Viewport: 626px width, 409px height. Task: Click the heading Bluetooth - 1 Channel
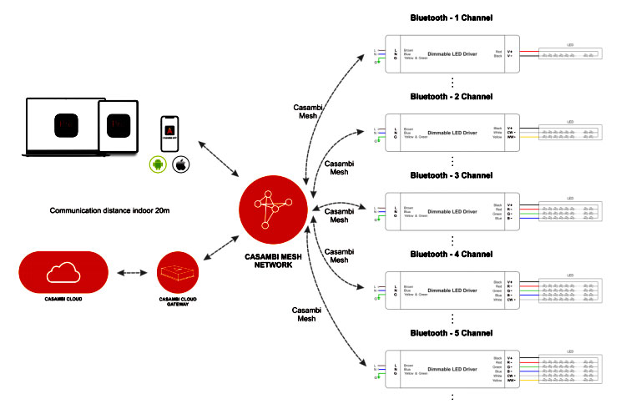[452, 17]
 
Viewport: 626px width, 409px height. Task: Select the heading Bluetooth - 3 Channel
[452, 176]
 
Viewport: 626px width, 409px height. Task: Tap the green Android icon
[156, 165]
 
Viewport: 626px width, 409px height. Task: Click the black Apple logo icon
[179, 165]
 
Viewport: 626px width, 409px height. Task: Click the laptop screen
[63, 125]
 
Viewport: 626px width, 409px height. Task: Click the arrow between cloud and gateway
[134, 273]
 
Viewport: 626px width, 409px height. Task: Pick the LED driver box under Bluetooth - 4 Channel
[452, 292]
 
